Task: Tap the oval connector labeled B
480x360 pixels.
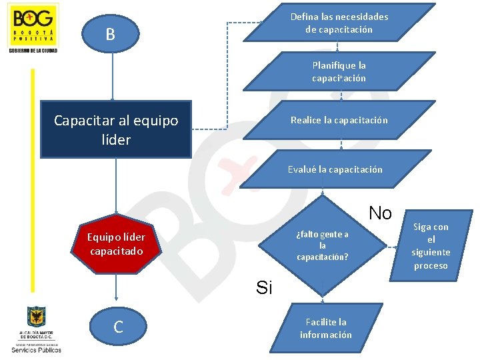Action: pos(111,33)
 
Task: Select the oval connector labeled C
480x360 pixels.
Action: pos(118,327)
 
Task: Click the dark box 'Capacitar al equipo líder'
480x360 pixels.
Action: pos(116,129)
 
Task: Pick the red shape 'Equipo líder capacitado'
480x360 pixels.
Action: pos(116,245)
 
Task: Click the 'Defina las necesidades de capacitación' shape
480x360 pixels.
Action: pos(339,23)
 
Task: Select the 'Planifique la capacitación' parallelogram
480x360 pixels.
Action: pos(339,72)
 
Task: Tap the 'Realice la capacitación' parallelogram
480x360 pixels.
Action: pos(339,120)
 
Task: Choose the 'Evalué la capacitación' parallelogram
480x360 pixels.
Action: pos(335,169)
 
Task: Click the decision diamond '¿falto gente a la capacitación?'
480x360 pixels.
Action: pos(323,245)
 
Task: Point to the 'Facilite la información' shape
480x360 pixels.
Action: pos(325,329)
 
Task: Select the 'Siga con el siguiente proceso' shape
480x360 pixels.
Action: pos(431,246)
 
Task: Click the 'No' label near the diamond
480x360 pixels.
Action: pos(380,213)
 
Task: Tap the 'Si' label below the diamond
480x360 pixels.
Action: pos(264,288)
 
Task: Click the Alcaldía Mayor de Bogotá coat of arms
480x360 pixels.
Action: pos(36,316)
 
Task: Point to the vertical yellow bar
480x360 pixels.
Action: pos(31,180)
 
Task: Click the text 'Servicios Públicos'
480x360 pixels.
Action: pos(36,349)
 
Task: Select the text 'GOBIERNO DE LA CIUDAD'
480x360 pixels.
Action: pos(33,51)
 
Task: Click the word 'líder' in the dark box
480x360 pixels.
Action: pos(116,139)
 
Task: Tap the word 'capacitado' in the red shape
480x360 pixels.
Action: pos(116,251)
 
